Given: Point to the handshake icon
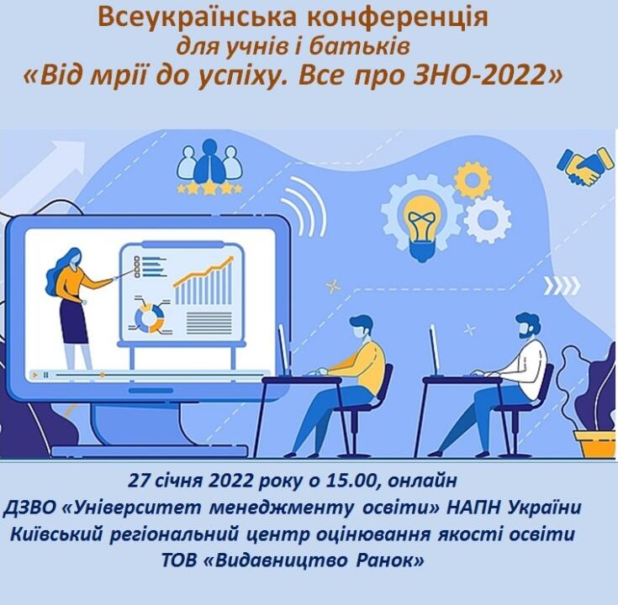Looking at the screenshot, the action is click(x=585, y=166).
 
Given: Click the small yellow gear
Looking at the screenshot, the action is click(x=472, y=181).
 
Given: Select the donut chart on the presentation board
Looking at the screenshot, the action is click(x=149, y=317).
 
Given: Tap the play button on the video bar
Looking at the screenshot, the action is click(x=35, y=375).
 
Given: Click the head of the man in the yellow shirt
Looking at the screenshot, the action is click(x=361, y=328).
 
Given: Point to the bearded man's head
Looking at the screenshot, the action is click(x=528, y=327).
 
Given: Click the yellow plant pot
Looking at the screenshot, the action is click(x=594, y=444).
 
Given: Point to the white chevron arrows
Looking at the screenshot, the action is click(x=562, y=286).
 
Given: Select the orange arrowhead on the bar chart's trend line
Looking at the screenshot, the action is click(x=230, y=259).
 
